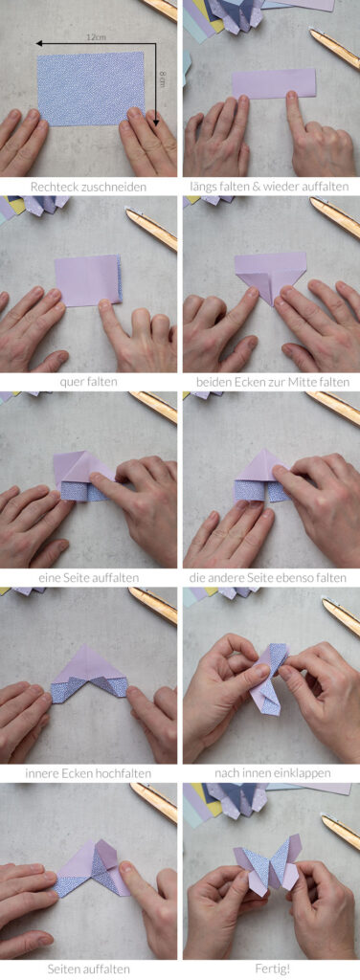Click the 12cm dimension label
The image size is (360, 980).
click(x=97, y=37)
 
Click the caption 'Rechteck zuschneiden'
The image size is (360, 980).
click(x=89, y=186)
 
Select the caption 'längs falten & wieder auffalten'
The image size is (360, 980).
click(x=271, y=186)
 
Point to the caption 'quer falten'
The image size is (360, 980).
click(x=89, y=381)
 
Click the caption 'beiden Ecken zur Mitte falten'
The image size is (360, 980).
click(x=271, y=381)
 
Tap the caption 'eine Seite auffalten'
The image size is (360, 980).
click(x=89, y=577)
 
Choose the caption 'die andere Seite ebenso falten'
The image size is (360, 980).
click(x=271, y=577)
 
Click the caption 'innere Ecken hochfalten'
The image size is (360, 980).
click(x=89, y=773)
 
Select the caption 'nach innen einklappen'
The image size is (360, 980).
click(x=271, y=773)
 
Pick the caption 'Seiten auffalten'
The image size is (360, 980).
click(x=89, y=969)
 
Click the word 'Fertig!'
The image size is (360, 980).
click(x=271, y=969)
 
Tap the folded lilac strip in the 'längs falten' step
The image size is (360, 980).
click(x=274, y=84)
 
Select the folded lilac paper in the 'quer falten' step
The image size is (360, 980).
click(x=88, y=280)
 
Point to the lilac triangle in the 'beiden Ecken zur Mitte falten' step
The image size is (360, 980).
click(x=271, y=274)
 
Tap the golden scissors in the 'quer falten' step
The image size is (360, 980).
click(x=151, y=229)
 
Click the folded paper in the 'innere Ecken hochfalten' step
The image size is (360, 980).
click(x=89, y=675)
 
